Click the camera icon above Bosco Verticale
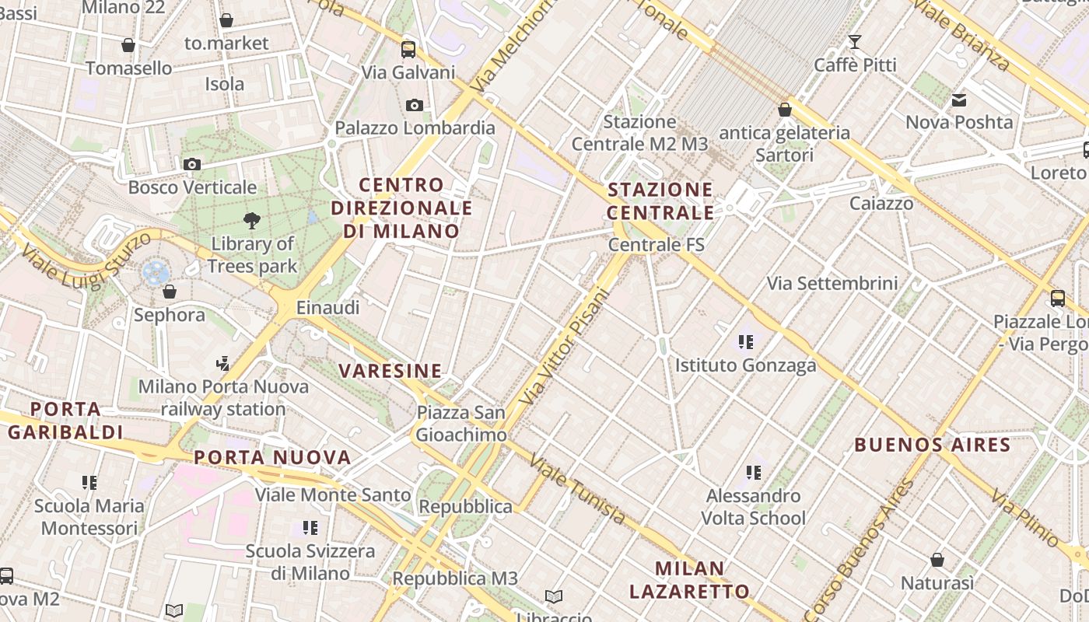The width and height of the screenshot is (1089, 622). (x=191, y=164)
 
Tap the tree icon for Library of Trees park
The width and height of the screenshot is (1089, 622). (x=251, y=221)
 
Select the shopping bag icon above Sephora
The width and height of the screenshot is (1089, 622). (x=170, y=292)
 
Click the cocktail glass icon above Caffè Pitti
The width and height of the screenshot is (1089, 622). (x=855, y=41)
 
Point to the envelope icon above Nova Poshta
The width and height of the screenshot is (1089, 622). (x=958, y=100)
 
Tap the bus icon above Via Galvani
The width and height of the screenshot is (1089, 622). (x=408, y=50)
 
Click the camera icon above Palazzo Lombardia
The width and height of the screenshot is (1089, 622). (x=415, y=105)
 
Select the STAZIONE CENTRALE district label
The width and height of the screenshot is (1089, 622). (x=660, y=201)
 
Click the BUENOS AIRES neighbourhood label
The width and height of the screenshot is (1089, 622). (x=932, y=446)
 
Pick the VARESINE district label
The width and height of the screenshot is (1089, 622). (x=390, y=371)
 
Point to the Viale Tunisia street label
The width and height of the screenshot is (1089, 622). (x=577, y=490)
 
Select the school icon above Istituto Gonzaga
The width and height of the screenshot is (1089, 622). (x=746, y=341)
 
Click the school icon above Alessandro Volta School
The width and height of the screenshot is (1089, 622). (x=753, y=472)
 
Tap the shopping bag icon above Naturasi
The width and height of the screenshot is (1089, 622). (x=937, y=560)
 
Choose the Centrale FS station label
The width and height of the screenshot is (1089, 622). (x=656, y=245)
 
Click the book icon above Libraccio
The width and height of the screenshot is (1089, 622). (x=554, y=596)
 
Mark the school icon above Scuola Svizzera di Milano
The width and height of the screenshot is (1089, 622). (x=310, y=528)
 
